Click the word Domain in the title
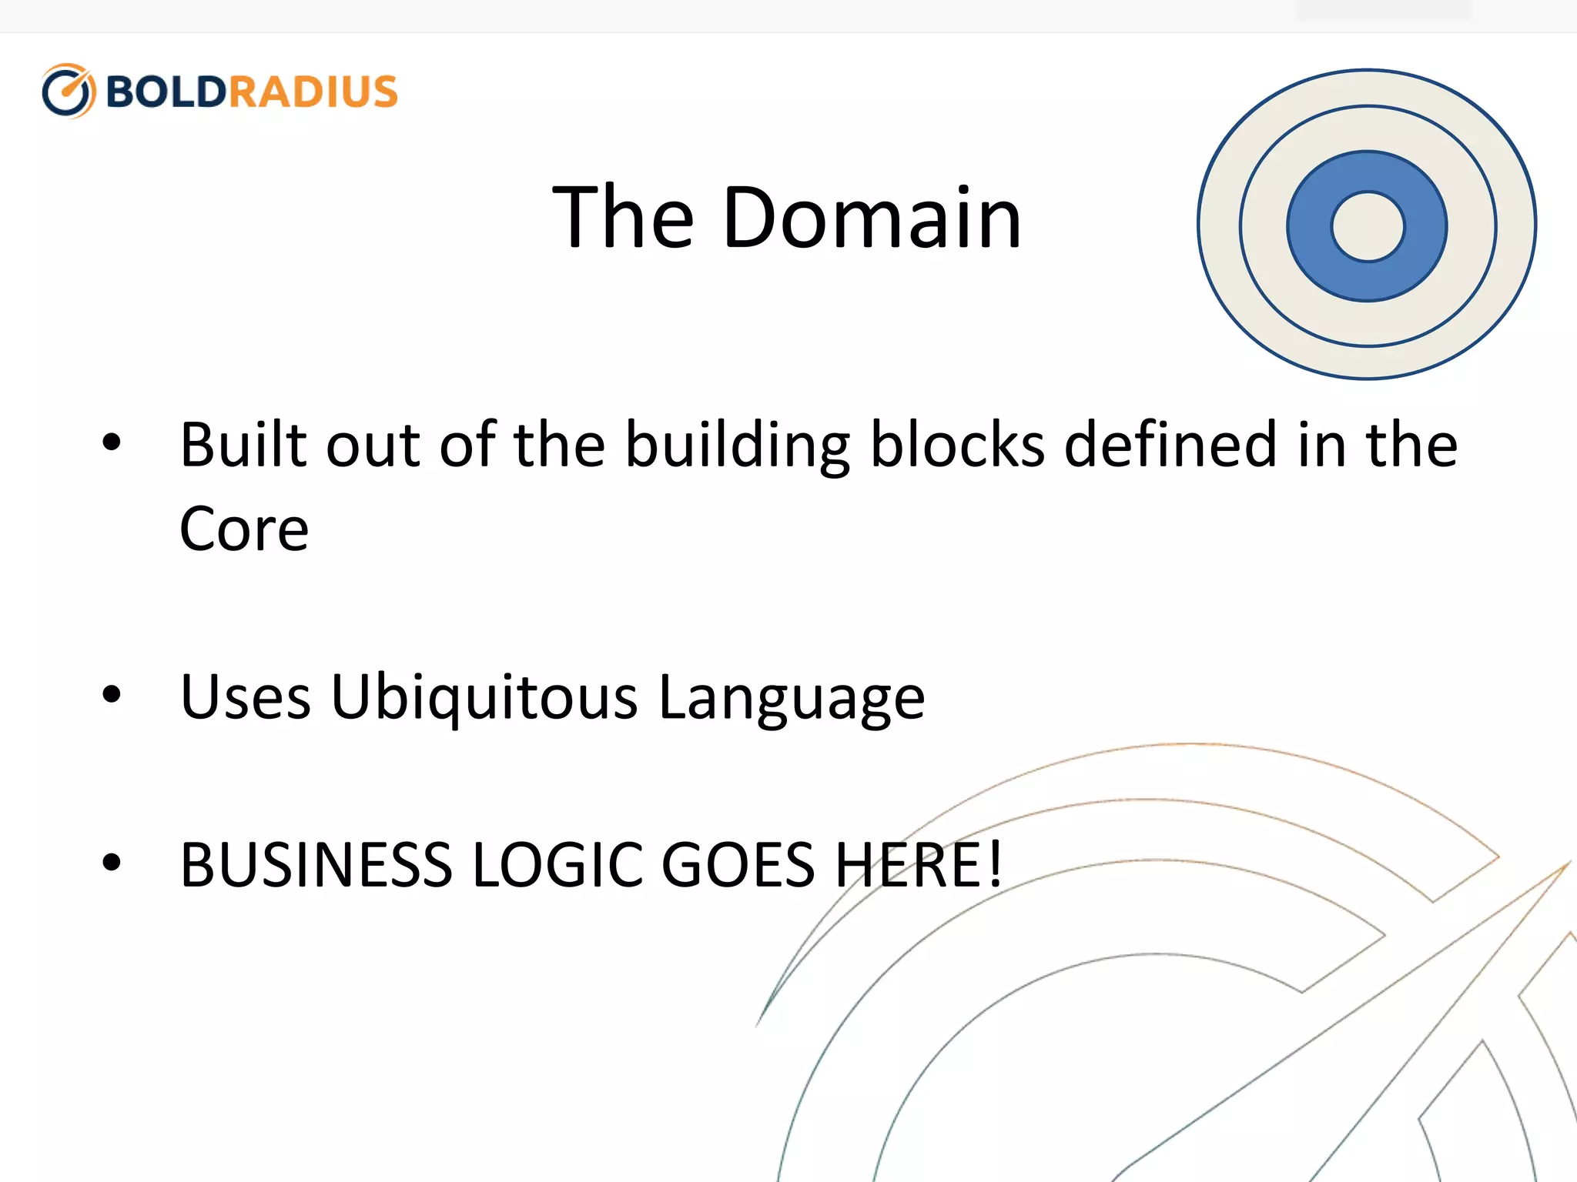(x=872, y=219)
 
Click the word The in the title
(x=624, y=219)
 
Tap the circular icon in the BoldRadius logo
(x=69, y=92)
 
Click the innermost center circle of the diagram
(x=1368, y=226)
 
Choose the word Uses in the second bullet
(x=246, y=697)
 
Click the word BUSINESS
(x=316, y=865)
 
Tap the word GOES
(x=738, y=865)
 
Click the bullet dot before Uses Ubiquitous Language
(x=112, y=694)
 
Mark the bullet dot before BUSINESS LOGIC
(x=112, y=862)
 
